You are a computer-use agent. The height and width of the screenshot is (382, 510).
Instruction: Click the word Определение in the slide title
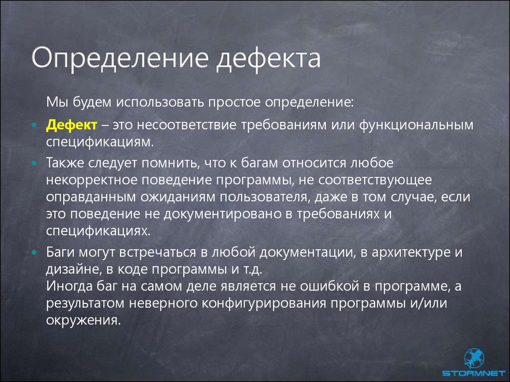pos(120,59)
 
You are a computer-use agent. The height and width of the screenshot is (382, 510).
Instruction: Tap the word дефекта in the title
pos(268,59)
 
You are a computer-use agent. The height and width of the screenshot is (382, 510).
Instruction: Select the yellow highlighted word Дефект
pos(72,125)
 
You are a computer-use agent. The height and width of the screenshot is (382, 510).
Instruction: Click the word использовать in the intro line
pos(161,102)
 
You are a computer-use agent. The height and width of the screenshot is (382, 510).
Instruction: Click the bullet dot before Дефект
pos(35,125)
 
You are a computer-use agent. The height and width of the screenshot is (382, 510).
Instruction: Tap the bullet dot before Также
pos(35,163)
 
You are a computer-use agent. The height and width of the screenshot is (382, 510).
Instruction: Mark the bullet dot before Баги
pos(35,252)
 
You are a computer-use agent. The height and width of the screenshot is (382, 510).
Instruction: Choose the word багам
pos(259,163)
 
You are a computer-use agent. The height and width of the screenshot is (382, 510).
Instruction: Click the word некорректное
pos(92,180)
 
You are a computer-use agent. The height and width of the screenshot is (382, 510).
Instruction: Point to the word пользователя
pos(263,197)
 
